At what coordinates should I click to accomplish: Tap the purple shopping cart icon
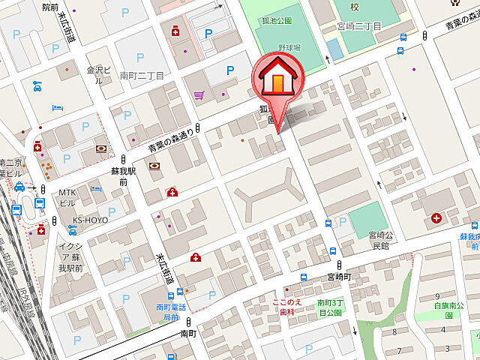pos(199,95)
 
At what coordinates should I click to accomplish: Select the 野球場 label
pos(289,46)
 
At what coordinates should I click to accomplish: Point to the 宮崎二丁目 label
pos(359,26)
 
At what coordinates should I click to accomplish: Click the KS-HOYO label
pos(90,220)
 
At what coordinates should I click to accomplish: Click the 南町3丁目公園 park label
pos(329,307)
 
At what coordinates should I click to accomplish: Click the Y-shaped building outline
pos(268,196)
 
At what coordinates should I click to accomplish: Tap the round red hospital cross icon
pos(437,218)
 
